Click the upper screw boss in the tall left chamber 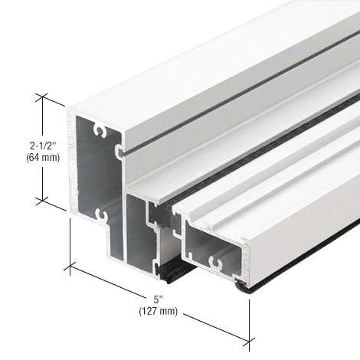pos(98,132)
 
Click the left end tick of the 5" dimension pos(70,266)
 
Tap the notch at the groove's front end pos(120,152)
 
